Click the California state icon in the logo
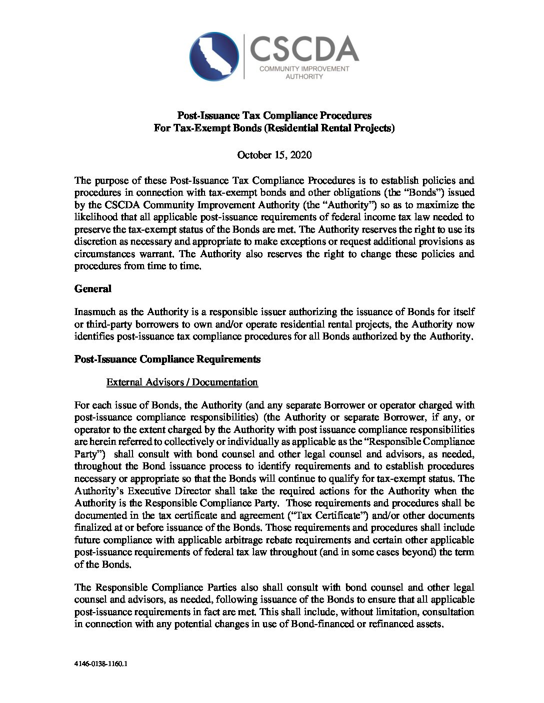215,55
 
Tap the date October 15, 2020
274,155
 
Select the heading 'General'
92,289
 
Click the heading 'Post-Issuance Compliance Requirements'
167,359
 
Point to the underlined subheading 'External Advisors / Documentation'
182,382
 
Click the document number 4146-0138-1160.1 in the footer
101,665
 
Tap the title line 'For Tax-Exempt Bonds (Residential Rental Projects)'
274,128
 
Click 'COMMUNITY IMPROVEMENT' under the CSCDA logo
304,68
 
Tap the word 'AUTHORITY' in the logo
303,76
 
